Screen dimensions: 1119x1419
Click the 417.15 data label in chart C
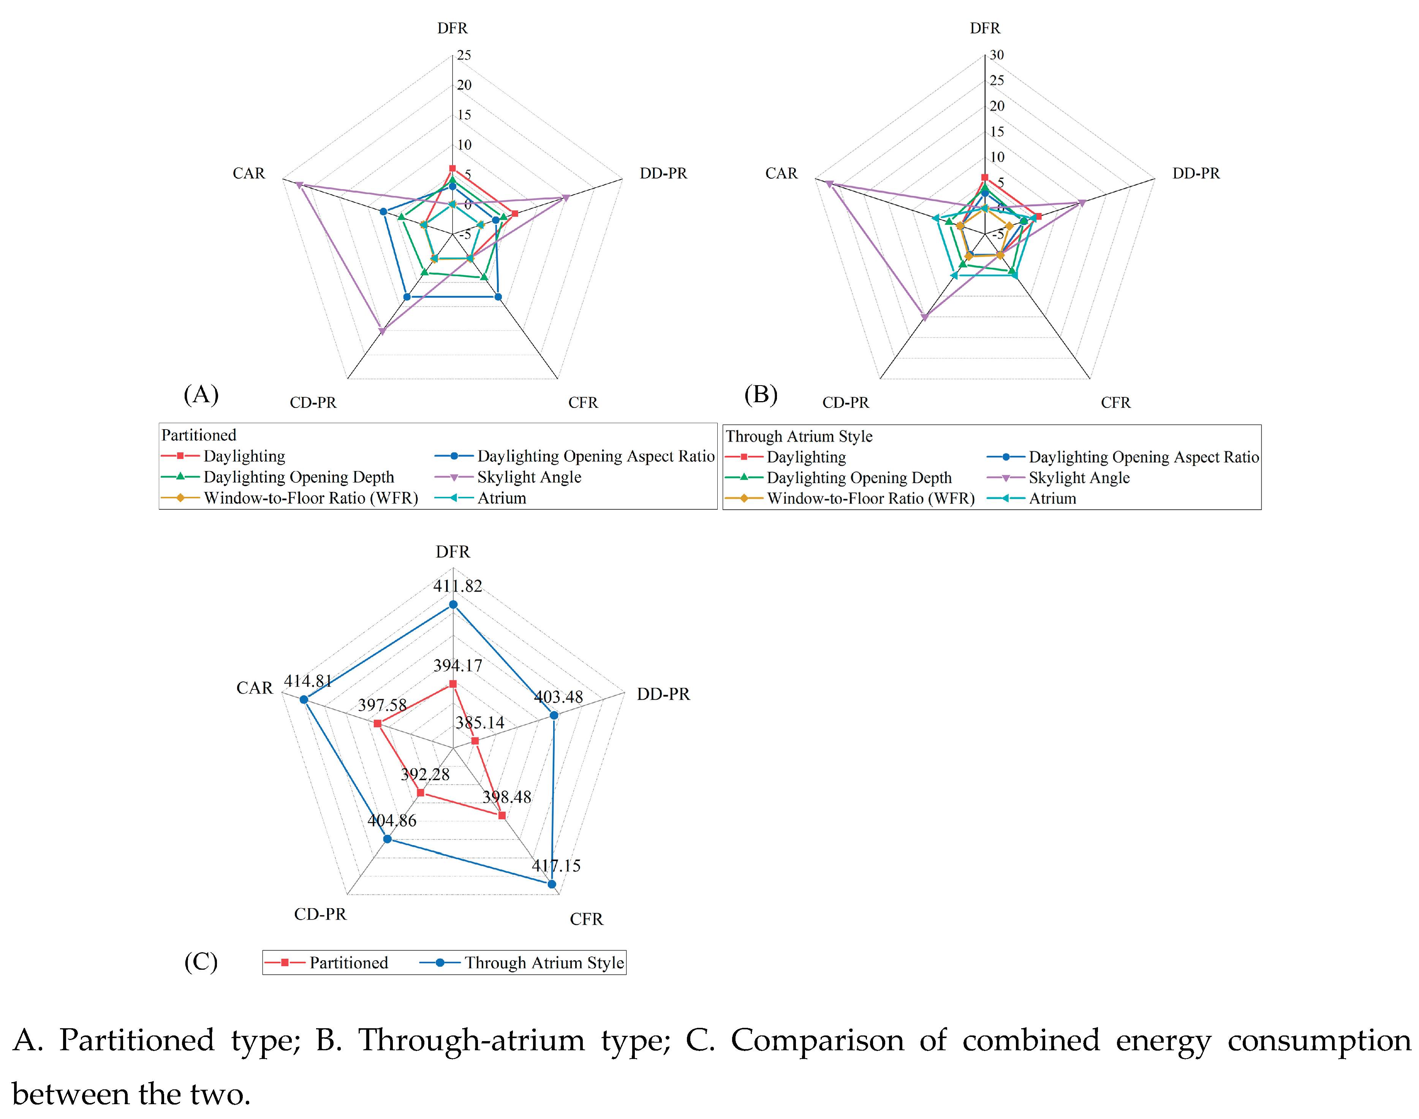coord(555,865)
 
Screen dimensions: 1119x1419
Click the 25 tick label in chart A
coord(464,55)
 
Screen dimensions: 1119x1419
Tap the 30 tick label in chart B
coord(997,55)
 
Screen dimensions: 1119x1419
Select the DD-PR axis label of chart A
coord(663,174)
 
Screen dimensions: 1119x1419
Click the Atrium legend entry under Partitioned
coord(501,498)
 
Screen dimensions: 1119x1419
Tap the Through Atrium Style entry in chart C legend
coord(544,963)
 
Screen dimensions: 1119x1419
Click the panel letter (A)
coord(201,394)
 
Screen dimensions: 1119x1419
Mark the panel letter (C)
coord(201,961)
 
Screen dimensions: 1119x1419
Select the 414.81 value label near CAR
coord(307,681)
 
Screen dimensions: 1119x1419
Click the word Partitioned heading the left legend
coord(198,435)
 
